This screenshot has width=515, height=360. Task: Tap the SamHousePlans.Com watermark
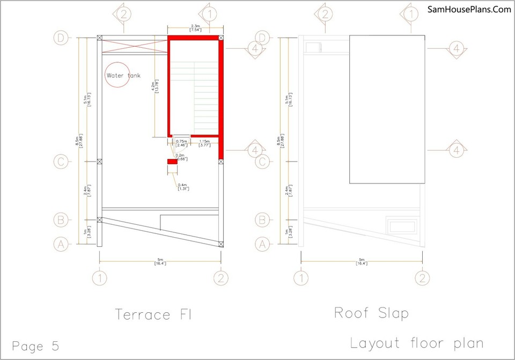pos(469,9)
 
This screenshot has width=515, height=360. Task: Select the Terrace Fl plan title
pos(153,314)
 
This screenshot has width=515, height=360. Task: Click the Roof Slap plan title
pos(371,312)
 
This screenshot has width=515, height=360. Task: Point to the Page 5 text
pos(35,346)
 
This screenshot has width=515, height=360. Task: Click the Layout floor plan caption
pos(417,343)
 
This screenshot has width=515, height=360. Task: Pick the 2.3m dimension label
pos(195,27)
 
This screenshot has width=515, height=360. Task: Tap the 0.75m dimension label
pos(181,143)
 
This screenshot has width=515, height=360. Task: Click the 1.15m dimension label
pos(204,143)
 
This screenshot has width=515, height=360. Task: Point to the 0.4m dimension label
pos(183,186)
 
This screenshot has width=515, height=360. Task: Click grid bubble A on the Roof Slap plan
pos(262,244)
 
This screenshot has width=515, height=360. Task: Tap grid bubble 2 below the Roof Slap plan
pos(422,278)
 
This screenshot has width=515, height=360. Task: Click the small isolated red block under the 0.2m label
pos(172,161)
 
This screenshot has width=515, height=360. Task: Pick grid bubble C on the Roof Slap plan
pos(262,161)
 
